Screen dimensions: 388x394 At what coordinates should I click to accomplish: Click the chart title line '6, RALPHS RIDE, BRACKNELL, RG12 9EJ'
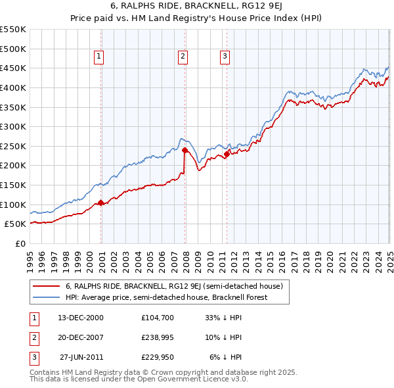[x=197, y=7]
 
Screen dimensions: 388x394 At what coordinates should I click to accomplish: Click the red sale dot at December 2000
[x=101, y=203]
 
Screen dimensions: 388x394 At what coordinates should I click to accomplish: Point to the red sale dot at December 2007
[x=185, y=150]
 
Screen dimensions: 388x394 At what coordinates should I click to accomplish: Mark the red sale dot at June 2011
[x=227, y=154]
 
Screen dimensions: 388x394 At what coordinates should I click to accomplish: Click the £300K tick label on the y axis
[x=13, y=126]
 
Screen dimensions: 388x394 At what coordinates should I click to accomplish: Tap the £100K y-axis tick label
[x=13, y=205]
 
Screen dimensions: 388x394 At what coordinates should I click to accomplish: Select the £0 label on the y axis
[x=19, y=243]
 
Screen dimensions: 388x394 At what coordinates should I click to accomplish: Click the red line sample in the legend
[x=47, y=287]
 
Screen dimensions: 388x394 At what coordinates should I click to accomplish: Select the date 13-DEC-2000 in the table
[x=81, y=317]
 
